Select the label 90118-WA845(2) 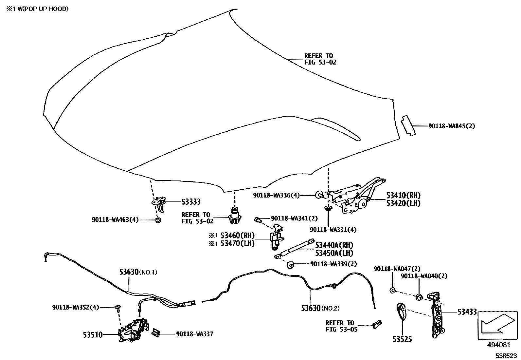click(x=451, y=126)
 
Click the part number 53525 click(x=402, y=339)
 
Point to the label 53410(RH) click(x=403, y=196)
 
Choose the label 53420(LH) click(x=403, y=203)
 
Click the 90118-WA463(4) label click(x=115, y=219)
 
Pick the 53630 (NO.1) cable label click(x=138, y=272)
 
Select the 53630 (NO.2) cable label click(x=320, y=308)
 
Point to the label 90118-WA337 click(x=194, y=334)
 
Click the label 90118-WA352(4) click(x=75, y=307)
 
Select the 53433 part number click(x=467, y=312)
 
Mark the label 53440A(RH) click(x=334, y=245)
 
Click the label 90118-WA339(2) click(x=333, y=264)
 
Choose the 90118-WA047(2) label click(x=397, y=269)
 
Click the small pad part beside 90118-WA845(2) click(x=408, y=125)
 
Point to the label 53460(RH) click(x=238, y=236)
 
